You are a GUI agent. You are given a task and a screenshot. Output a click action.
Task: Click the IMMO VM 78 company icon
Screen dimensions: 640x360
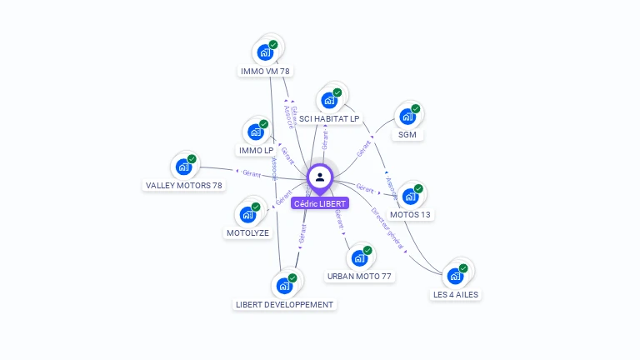pyautogui.click(x=266, y=52)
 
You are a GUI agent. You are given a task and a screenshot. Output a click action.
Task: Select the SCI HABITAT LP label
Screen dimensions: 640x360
pyautogui.click(x=329, y=119)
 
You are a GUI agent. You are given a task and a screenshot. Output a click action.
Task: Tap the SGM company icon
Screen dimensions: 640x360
pyautogui.click(x=407, y=117)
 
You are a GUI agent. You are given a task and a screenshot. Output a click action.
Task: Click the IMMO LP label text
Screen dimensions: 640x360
pyautogui.click(x=256, y=151)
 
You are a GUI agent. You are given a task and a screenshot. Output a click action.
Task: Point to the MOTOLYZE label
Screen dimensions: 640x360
pyautogui.click(x=247, y=233)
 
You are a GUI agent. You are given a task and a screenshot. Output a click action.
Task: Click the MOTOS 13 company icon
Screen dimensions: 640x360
pyautogui.click(x=410, y=197)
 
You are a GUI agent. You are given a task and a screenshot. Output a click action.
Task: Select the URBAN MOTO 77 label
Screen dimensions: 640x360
pyautogui.click(x=359, y=276)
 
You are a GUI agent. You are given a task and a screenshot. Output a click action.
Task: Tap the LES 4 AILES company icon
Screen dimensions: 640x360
pyautogui.click(x=455, y=276)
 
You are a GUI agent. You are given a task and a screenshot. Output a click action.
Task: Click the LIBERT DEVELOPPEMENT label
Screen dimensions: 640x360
pyautogui.click(x=284, y=305)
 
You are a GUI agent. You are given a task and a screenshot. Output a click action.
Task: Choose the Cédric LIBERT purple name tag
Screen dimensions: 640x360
pyautogui.click(x=320, y=203)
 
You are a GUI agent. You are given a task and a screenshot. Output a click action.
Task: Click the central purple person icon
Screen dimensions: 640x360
pyautogui.click(x=320, y=177)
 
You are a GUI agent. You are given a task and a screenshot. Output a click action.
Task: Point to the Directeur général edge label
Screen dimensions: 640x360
pyautogui.click(x=387, y=228)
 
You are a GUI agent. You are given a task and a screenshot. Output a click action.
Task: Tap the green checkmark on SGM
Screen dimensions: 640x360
pyautogui.click(x=415, y=108)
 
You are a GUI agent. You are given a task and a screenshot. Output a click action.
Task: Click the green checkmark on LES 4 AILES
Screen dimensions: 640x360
pyautogui.click(x=463, y=268)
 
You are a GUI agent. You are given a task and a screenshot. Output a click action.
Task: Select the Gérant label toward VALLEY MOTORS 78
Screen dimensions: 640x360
pyautogui.click(x=251, y=174)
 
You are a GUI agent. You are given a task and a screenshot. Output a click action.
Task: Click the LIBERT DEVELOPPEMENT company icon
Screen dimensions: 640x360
pyautogui.click(x=284, y=286)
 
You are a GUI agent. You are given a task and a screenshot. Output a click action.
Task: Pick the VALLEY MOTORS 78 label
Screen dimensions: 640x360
pyautogui.click(x=183, y=185)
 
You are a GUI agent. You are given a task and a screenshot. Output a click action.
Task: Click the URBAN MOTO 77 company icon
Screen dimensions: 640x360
pyautogui.click(x=359, y=257)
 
